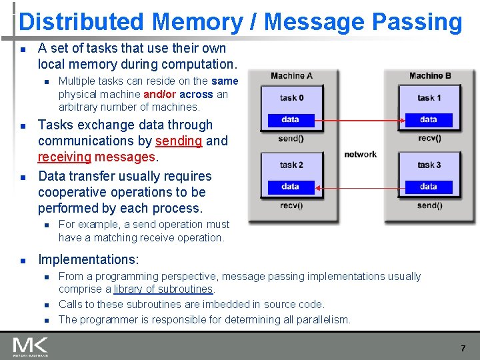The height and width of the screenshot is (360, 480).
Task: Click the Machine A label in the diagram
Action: click(x=291, y=76)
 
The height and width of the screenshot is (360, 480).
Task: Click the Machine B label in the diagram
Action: click(x=430, y=76)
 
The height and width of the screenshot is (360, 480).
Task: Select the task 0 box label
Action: click(x=291, y=97)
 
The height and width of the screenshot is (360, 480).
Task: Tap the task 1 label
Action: click(x=429, y=97)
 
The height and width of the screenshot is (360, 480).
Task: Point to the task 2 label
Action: click(x=291, y=165)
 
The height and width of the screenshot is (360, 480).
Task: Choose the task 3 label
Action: click(x=429, y=165)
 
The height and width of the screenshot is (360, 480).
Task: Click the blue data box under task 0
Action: click(x=291, y=120)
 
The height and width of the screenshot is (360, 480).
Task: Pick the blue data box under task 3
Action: click(x=429, y=187)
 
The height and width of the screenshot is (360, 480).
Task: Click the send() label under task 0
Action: click(x=291, y=138)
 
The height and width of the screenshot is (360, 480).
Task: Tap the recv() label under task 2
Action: click(x=291, y=205)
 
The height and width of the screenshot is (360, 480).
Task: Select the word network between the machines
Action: click(x=361, y=155)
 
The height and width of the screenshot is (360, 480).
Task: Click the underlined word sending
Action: click(x=179, y=141)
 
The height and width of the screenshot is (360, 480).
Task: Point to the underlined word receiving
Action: click(x=64, y=157)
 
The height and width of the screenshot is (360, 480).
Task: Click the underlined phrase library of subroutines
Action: click(x=163, y=289)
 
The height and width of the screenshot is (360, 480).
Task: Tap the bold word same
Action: click(x=225, y=81)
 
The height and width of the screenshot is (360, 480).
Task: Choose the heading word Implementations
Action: click(x=88, y=259)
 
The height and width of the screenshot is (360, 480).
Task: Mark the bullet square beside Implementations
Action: click(x=23, y=260)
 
